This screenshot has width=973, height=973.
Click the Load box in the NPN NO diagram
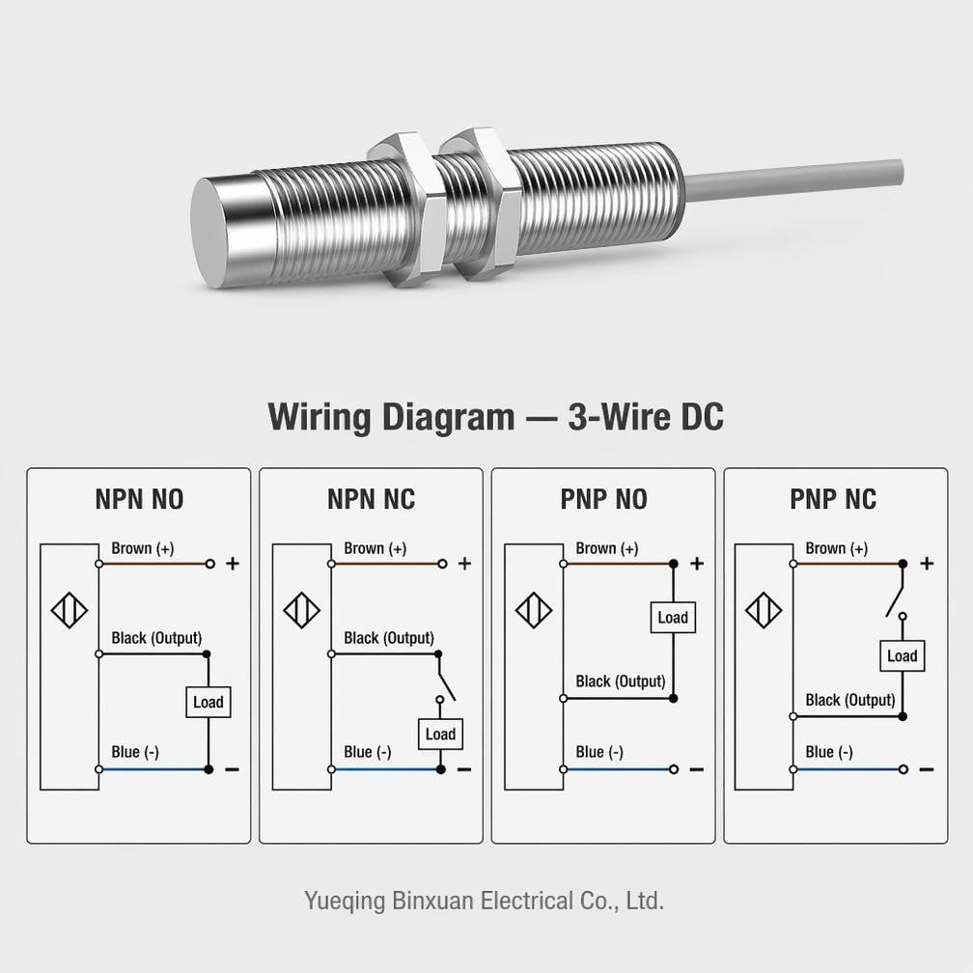tap(208, 702)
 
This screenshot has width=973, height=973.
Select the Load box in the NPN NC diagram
tap(440, 734)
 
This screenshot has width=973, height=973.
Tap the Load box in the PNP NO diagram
tap(673, 618)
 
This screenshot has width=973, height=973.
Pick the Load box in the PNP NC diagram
tap(903, 656)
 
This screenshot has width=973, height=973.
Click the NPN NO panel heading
tap(139, 500)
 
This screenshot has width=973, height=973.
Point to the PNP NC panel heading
tap(833, 500)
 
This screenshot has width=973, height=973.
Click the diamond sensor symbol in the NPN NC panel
tap(301, 611)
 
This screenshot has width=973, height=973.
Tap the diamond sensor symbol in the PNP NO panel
tap(534, 611)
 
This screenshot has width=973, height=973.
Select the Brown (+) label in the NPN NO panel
tap(143, 548)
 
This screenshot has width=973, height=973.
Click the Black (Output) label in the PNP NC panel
tap(850, 701)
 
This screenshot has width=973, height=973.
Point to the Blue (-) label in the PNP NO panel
tap(599, 752)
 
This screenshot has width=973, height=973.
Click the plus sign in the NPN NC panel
tap(465, 564)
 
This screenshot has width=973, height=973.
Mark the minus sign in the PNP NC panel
tap(927, 769)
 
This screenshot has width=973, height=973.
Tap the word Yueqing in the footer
tap(345, 901)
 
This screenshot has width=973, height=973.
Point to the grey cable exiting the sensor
tap(793, 180)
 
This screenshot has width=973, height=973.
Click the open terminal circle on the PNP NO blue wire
tap(674, 769)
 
